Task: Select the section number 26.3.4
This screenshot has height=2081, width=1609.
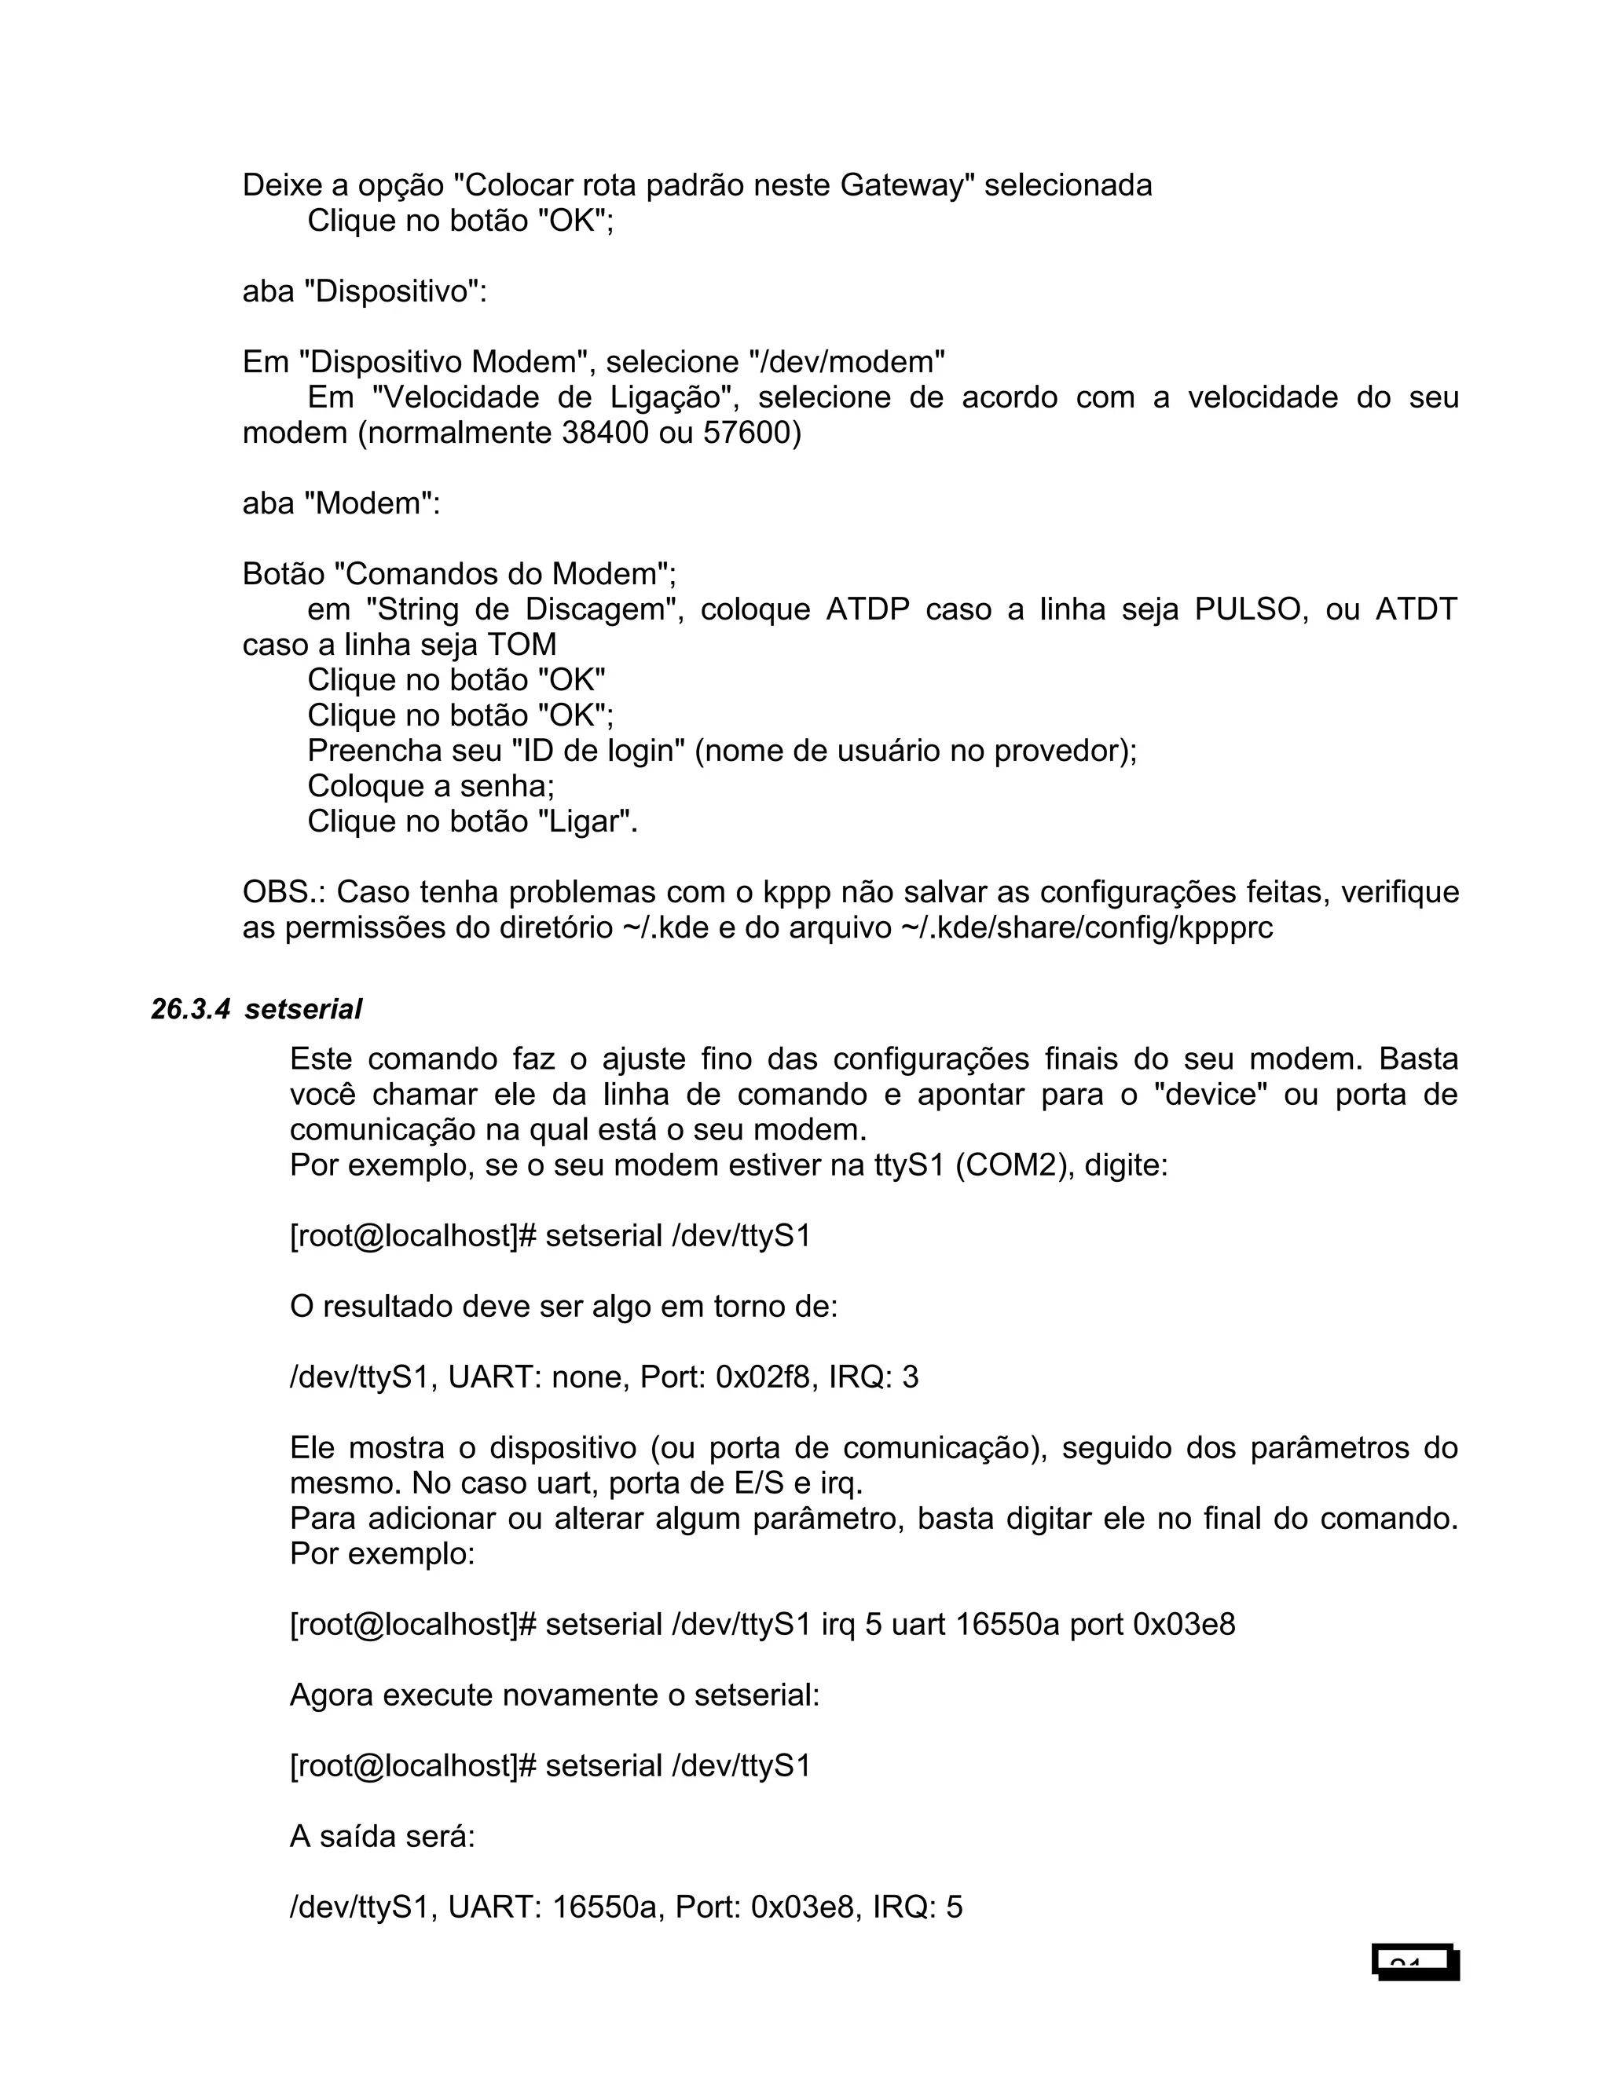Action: [x=189, y=1010]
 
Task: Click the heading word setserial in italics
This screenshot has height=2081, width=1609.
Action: [x=303, y=1010]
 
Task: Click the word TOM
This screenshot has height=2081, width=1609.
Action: [x=522, y=645]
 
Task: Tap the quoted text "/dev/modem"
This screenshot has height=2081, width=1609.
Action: [x=848, y=362]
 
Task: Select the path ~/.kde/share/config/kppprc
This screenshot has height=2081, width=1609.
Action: [x=1087, y=928]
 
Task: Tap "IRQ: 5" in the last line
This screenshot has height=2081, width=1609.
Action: [x=917, y=1907]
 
